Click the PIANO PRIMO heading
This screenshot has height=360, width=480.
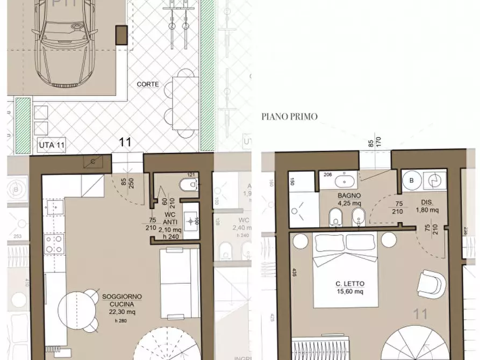click(289, 116)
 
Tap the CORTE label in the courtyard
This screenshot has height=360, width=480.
click(147, 84)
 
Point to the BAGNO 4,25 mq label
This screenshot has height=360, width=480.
click(350, 200)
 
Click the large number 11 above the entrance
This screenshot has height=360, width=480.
click(125, 142)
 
